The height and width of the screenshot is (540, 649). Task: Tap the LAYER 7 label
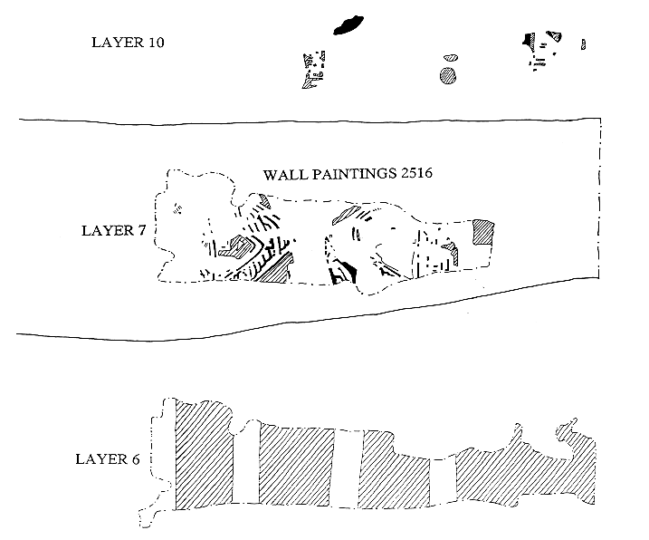point(114,229)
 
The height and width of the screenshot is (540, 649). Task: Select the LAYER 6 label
point(108,459)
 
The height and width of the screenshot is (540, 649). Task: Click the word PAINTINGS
point(347,174)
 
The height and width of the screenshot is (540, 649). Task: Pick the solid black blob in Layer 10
point(348,24)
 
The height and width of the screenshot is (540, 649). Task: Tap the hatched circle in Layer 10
point(447,75)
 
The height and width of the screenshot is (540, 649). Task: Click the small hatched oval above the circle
point(449,55)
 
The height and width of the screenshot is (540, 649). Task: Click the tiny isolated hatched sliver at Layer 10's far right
point(584,43)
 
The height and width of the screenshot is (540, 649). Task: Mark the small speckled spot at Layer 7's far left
point(178,211)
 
